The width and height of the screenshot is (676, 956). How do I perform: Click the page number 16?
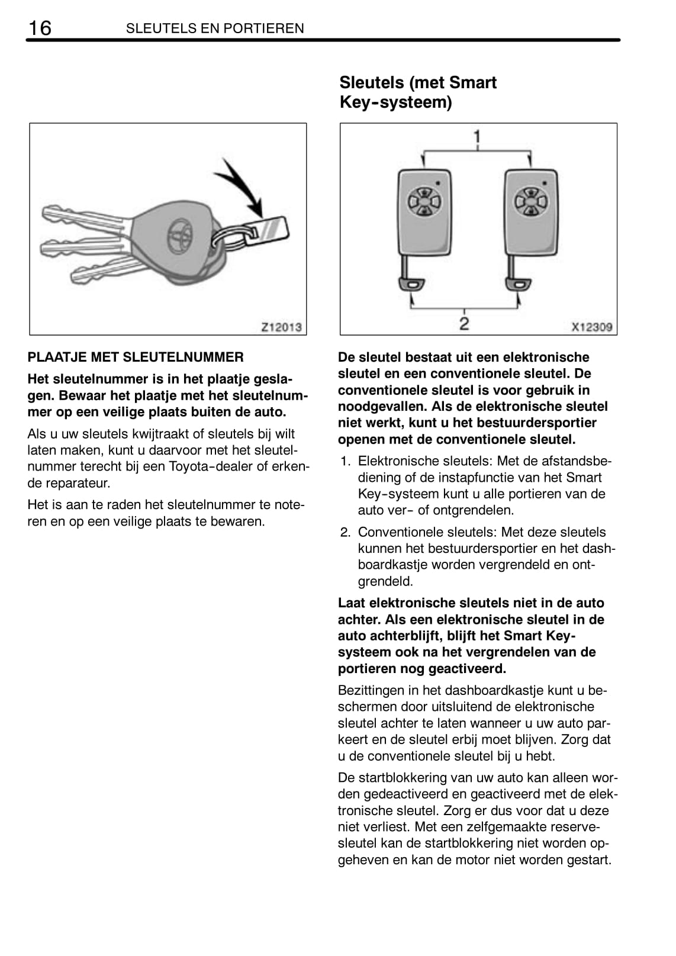tap(40, 28)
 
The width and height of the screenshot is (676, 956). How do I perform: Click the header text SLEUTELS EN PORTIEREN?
tap(215, 28)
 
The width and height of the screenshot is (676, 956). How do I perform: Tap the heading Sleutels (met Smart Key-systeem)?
tap(418, 92)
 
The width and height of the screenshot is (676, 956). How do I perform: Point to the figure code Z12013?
tap(281, 327)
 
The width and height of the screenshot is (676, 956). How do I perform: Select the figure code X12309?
tap(592, 327)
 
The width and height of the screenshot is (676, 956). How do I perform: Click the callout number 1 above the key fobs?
tap(477, 137)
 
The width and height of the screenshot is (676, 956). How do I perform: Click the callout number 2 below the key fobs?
tap(464, 324)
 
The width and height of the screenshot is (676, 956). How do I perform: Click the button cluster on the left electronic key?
tap(423, 201)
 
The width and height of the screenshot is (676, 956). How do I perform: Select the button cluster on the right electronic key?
tap(530, 201)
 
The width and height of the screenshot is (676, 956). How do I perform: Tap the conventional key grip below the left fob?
tap(411, 284)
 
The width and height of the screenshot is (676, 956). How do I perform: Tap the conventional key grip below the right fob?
tap(518, 284)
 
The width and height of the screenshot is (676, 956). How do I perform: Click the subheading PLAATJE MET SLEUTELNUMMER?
tap(136, 357)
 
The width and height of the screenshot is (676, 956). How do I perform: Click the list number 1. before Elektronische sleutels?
tap(345, 461)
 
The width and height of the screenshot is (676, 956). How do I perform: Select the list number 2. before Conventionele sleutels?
tap(345, 532)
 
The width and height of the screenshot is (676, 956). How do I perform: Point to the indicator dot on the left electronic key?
tap(438, 183)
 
